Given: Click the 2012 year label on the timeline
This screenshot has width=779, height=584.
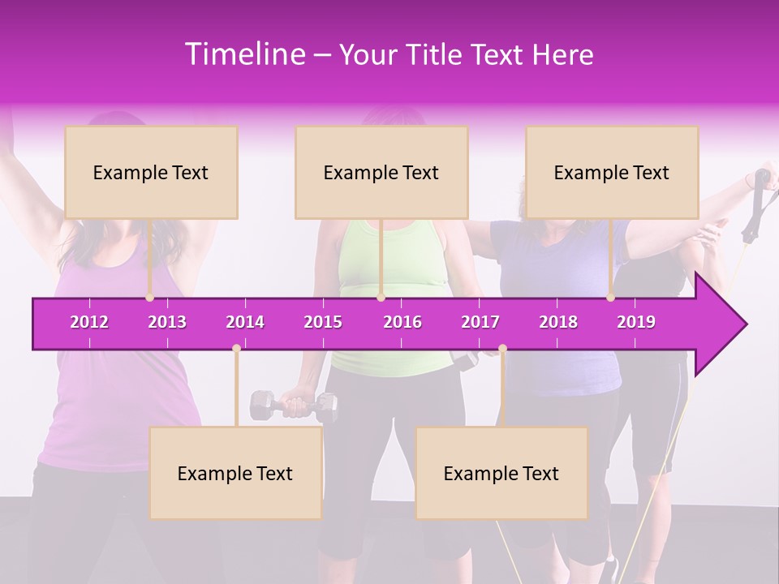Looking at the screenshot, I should click(89, 322).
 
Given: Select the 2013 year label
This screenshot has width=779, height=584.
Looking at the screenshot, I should click(167, 322).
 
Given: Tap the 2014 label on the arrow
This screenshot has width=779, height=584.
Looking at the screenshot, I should click(245, 322).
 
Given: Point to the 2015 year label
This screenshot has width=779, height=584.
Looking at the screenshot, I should click(323, 322).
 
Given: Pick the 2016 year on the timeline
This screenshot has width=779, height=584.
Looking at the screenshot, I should click(402, 322).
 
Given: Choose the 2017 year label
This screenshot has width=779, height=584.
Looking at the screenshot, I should click(480, 322).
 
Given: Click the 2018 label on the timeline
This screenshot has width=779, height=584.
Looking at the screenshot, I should click(558, 322).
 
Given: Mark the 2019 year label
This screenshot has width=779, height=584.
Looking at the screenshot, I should click(636, 322).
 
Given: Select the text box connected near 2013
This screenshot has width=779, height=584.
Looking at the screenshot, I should click(151, 172).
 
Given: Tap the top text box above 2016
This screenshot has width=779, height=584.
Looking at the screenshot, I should click(381, 172).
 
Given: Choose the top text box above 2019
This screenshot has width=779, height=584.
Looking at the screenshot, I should click(612, 172).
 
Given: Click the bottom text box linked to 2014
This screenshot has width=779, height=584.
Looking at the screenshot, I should click(235, 473).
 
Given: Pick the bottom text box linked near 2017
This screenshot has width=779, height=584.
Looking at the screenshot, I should click(501, 473).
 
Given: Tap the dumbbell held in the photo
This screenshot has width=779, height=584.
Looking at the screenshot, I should click(293, 403).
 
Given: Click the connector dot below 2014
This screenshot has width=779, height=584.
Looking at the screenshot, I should click(236, 349).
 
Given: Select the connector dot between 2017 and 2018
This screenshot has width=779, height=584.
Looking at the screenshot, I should click(502, 349).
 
